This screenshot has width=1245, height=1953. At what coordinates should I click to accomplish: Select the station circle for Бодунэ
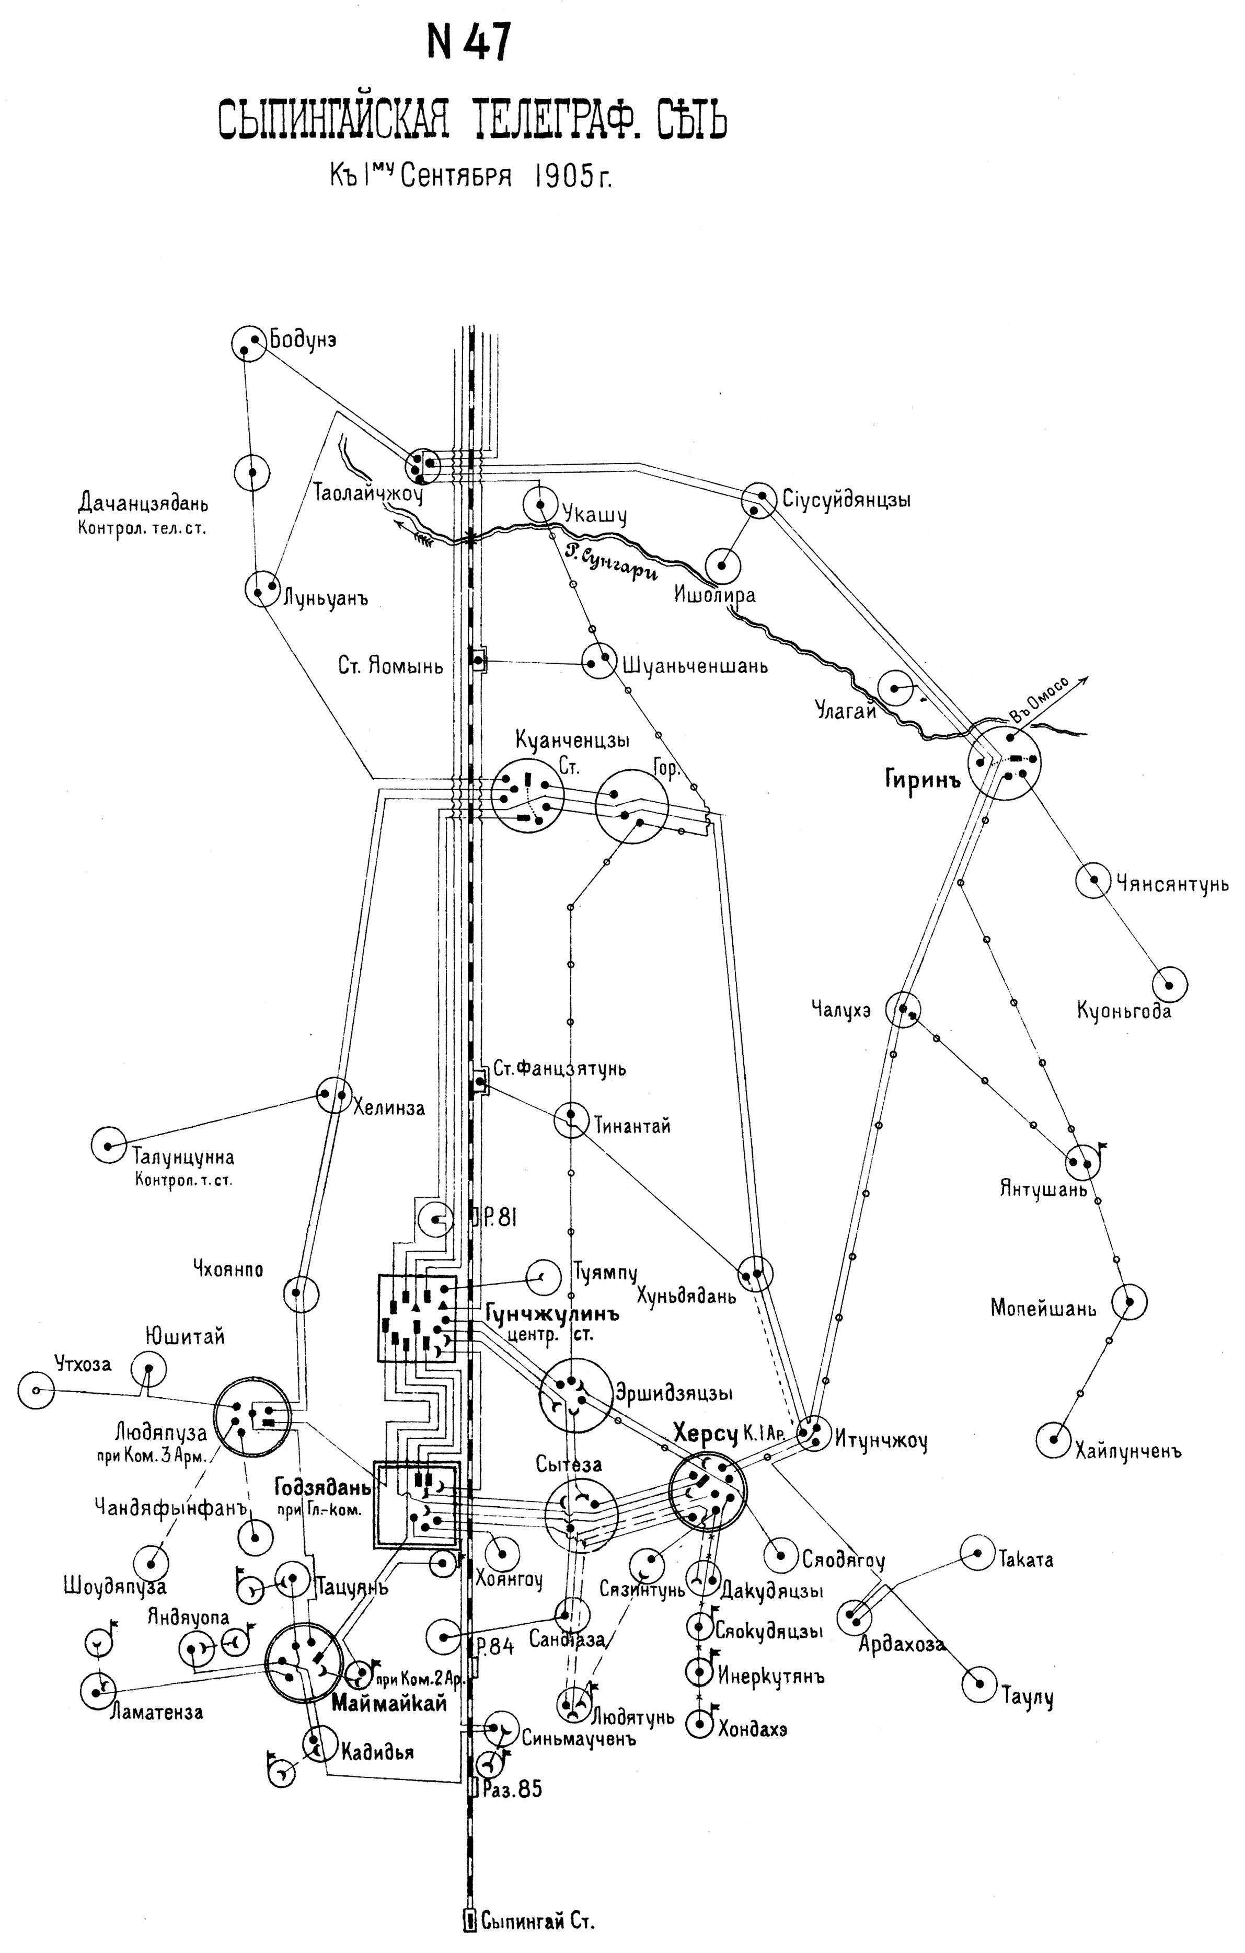click(248, 344)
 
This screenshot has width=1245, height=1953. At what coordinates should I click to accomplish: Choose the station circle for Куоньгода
click(1169, 985)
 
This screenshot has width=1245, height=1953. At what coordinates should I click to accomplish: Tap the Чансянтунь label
click(1172, 884)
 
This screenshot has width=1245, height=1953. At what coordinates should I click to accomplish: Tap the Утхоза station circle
click(36, 1390)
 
